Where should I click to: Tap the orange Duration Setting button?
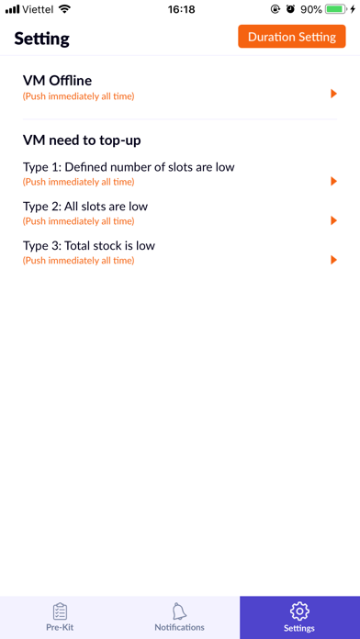click(x=292, y=37)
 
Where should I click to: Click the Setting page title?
click(x=41, y=39)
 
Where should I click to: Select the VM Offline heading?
click(x=57, y=81)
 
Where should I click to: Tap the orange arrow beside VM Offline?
click(x=334, y=95)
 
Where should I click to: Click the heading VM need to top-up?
click(x=82, y=140)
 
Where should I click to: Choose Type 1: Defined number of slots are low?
click(x=129, y=167)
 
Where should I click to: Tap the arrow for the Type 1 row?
click(x=334, y=182)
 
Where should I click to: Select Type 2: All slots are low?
click(x=85, y=207)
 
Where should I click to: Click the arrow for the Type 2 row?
click(x=334, y=220)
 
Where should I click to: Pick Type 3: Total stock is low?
click(x=89, y=246)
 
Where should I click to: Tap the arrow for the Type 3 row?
click(x=334, y=260)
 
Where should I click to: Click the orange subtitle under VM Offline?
click(x=78, y=96)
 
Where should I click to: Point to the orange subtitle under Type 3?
click(x=78, y=261)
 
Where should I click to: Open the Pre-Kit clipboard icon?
click(x=60, y=611)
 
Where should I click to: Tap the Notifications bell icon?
click(x=179, y=611)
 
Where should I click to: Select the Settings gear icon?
click(x=299, y=611)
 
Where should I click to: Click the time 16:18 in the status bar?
click(x=182, y=9)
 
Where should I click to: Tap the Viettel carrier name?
click(x=38, y=9)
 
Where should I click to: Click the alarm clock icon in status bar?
click(x=290, y=9)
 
